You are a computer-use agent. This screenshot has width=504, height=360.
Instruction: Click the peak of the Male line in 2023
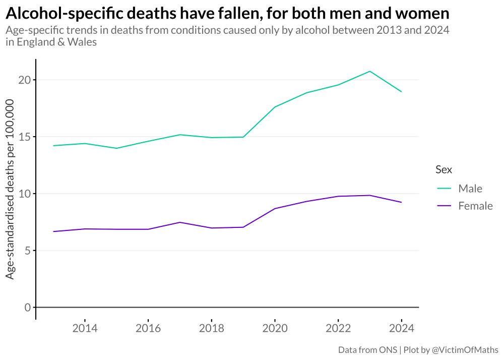coord(370,71)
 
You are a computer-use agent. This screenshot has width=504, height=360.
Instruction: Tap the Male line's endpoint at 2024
coord(401,92)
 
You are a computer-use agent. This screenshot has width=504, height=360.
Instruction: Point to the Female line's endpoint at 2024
coord(401,202)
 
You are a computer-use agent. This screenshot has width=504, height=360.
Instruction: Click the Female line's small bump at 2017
coord(180,222)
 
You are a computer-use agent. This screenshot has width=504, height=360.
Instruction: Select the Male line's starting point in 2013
coord(53,146)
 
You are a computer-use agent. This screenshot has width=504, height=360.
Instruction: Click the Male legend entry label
coord(470,189)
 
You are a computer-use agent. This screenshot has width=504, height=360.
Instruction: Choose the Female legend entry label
coord(475,206)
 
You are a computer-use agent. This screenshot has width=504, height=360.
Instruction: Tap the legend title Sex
coord(444,170)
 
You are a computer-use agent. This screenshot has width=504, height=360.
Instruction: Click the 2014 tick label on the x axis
coord(85,329)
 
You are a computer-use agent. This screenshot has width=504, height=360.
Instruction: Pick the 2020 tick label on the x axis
coord(275,329)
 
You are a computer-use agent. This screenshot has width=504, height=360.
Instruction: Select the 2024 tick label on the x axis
coord(401,329)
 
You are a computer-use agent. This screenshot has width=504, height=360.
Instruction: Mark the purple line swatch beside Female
coord(444,206)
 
